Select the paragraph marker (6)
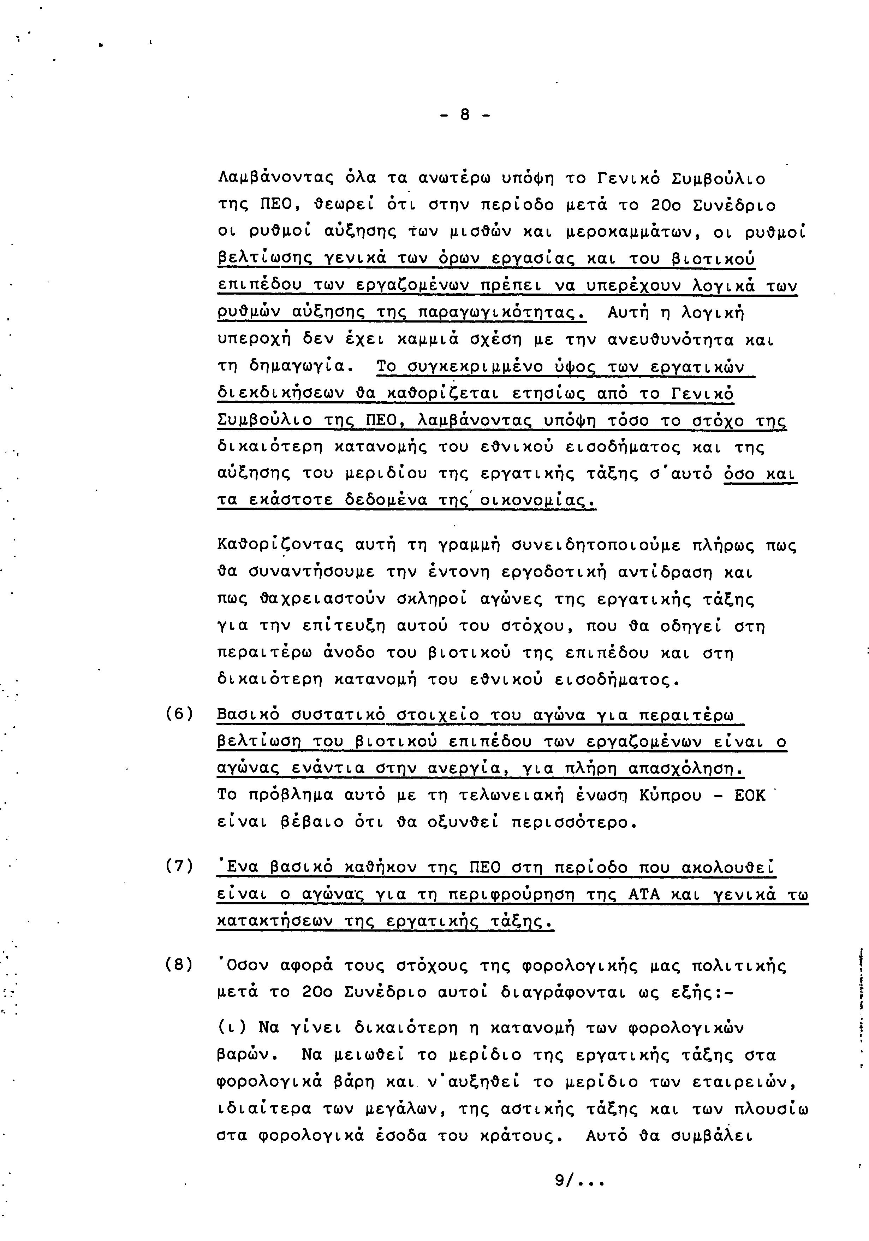point(179,715)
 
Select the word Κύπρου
point(670,796)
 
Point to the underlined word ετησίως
point(548,394)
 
